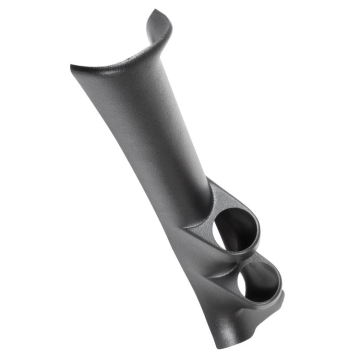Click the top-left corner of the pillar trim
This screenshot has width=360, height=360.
72,66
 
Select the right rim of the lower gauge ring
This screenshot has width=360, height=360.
280,283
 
